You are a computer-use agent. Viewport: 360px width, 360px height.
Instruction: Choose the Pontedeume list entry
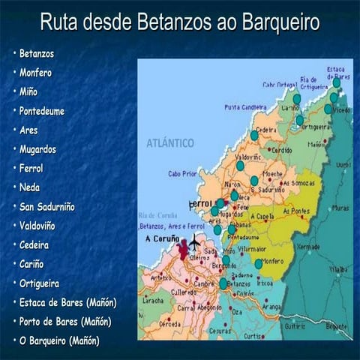(43, 111)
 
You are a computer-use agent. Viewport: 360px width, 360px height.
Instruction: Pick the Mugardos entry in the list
(38, 149)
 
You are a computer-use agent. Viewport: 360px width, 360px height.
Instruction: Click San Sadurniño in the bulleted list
(47, 206)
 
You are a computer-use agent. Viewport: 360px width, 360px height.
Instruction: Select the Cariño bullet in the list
(32, 264)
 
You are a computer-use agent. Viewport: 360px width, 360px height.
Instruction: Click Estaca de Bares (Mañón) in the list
(67, 302)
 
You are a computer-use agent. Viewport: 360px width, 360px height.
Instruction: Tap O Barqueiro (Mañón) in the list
(60, 341)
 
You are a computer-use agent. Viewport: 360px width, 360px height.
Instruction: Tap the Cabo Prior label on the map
(181, 173)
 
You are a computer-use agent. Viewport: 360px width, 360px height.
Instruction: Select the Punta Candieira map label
(246, 107)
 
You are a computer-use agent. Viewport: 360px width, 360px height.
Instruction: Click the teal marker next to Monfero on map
(259, 263)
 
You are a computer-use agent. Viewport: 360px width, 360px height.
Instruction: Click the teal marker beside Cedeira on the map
(254, 135)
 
